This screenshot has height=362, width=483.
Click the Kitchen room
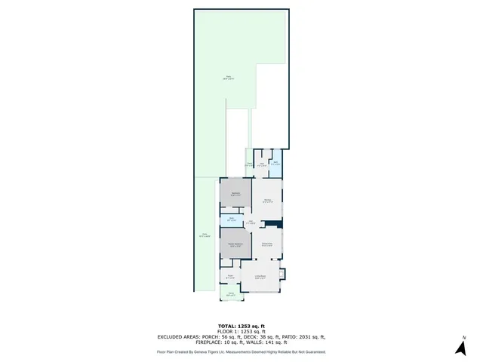[x=266, y=201]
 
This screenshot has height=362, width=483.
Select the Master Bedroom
[x=235, y=244]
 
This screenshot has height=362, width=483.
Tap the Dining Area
[x=267, y=244]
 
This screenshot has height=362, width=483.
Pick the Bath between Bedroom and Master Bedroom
[x=232, y=220]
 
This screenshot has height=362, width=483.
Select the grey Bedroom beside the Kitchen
[x=235, y=194]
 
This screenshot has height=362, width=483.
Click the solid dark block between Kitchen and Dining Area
[x=278, y=223]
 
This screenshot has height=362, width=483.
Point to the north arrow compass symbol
[x=460, y=347]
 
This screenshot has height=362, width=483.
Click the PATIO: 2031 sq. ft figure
[x=301, y=337]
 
